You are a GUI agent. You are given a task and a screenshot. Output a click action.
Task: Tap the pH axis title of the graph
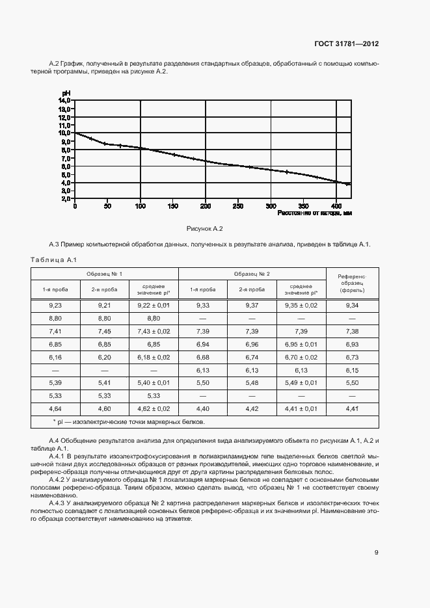pos(66,94)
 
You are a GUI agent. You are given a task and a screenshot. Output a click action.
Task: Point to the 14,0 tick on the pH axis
pos(64,101)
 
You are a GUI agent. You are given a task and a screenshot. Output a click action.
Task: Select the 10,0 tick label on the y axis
pos(64,133)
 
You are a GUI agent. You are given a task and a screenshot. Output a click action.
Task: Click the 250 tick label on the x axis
pos(238,206)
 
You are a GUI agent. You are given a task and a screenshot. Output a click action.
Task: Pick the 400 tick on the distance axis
pos(336,206)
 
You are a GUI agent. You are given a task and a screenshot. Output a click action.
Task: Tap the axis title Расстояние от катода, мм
pos(314,213)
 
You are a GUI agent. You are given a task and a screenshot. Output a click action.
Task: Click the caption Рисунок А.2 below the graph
pos(205,229)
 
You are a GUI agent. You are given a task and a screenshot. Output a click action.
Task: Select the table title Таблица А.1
pos(54,260)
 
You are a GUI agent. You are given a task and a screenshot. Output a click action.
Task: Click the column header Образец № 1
pos(104,274)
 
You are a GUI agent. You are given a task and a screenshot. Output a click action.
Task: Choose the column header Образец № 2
pos(252,274)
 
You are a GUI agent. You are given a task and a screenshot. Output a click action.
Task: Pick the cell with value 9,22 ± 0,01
pos(154,305)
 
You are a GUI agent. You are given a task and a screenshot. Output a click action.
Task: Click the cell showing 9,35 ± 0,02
pos(301,305)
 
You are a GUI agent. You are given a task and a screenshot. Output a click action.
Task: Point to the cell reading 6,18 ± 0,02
pos(154,358)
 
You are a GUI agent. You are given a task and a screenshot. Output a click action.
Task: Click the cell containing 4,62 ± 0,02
pos(154,409)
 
